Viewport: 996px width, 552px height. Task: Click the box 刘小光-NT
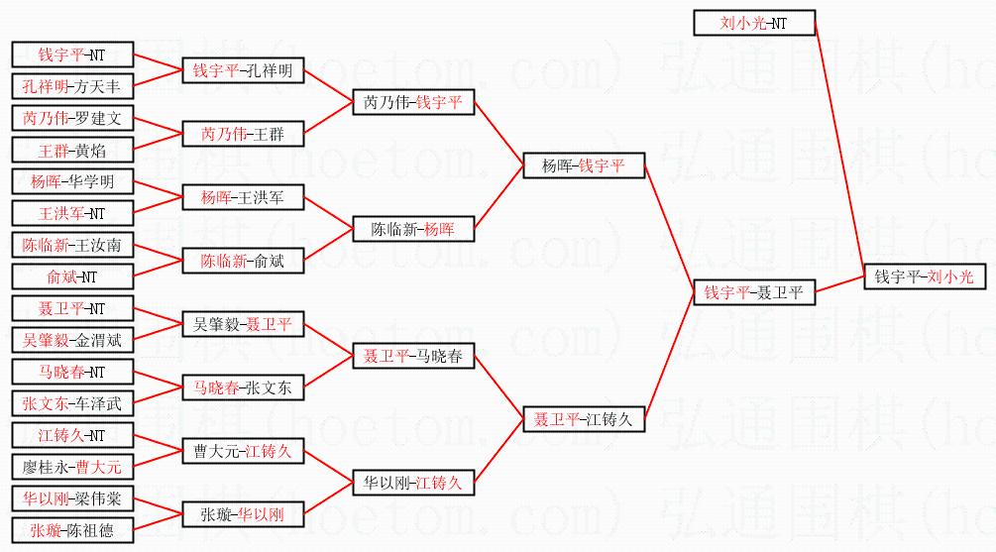click(x=753, y=23)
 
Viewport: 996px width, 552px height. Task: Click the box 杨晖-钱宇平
click(x=584, y=166)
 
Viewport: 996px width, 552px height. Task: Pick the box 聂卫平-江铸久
click(x=584, y=419)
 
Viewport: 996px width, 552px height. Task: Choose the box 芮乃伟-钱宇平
click(x=413, y=102)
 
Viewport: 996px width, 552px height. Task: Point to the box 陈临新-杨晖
click(x=413, y=229)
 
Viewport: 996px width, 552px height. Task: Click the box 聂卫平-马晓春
click(x=413, y=356)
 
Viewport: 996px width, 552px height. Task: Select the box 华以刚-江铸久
click(x=413, y=483)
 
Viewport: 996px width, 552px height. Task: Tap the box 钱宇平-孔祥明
click(x=243, y=70)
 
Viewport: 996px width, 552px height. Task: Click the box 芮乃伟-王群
click(x=243, y=134)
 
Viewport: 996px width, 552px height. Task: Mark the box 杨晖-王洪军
click(x=243, y=197)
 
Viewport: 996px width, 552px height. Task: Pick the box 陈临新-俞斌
click(x=243, y=261)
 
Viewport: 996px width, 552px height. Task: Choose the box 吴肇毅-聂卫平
click(x=243, y=324)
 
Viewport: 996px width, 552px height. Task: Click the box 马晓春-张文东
click(x=243, y=387)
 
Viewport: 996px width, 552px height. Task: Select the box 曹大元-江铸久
click(x=243, y=451)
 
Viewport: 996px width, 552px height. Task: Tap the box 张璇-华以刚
click(x=243, y=514)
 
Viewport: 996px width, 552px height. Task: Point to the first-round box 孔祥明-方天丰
click(x=72, y=86)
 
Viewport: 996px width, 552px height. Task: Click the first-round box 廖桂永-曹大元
click(x=72, y=467)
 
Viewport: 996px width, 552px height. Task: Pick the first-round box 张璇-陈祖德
click(x=72, y=530)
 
